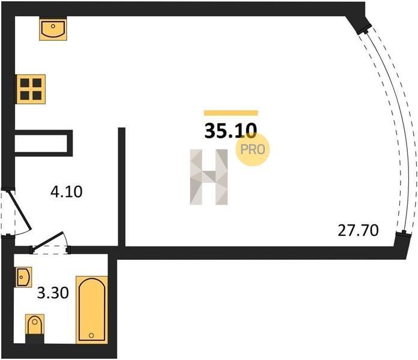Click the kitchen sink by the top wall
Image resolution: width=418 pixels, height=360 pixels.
(x=53, y=29)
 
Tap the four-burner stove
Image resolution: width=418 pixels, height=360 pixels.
(x=31, y=89)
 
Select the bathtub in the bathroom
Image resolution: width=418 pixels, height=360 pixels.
(x=92, y=310)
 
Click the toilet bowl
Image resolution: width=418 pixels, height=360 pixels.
(x=35, y=324)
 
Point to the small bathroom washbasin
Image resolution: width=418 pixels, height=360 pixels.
(x=23, y=277)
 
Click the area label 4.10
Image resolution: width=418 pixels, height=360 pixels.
(x=67, y=192)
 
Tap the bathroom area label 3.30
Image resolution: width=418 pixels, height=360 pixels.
(x=53, y=293)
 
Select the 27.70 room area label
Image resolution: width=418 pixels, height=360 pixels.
(x=358, y=230)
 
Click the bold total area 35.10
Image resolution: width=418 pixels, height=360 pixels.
(x=231, y=131)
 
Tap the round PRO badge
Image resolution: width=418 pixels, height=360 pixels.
(x=252, y=149)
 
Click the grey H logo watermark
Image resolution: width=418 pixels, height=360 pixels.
(x=209, y=177)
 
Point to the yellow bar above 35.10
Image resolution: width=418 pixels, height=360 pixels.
(x=231, y=113)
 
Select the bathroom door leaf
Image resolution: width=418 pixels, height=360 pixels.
(x=47, y=242)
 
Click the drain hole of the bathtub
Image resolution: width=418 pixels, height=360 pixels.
(x=91, y=335)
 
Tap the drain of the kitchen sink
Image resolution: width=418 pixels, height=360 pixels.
(x=53, y=26)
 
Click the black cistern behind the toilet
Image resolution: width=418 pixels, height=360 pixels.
(x=35, y=339)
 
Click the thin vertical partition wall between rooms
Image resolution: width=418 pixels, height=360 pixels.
(x=122, y=187)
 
